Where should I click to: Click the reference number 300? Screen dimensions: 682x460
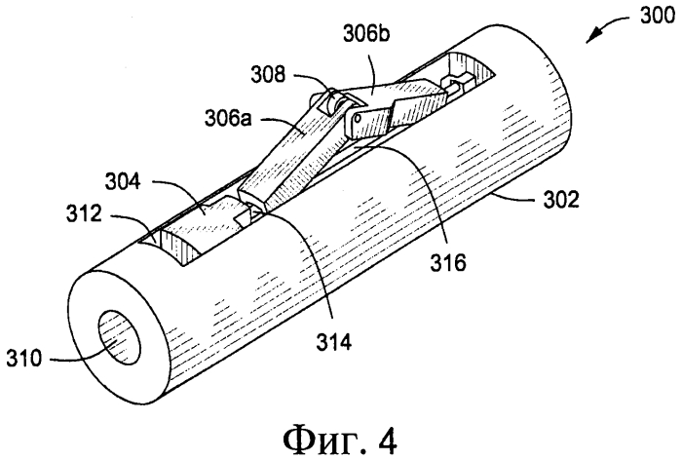coord(657,17)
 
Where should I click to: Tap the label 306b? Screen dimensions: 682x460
coord(365,33)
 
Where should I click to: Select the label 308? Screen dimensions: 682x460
coord(268,74)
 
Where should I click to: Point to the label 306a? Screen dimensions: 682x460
coord(228,118)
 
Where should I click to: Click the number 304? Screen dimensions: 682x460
coord(123,181)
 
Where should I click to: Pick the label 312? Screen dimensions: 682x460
coord(84,213)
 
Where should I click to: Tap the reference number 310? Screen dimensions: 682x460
coord(24,359)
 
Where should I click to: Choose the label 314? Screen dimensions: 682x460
coord(333,342)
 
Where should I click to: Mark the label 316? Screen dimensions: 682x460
coord(448,262)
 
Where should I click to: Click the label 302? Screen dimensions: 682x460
coord(561,200)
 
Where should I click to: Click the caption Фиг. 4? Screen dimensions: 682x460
coord(340,440)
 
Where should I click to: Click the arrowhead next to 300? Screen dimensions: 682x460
coord(591,36)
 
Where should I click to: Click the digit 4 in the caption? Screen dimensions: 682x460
coord(387,440)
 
